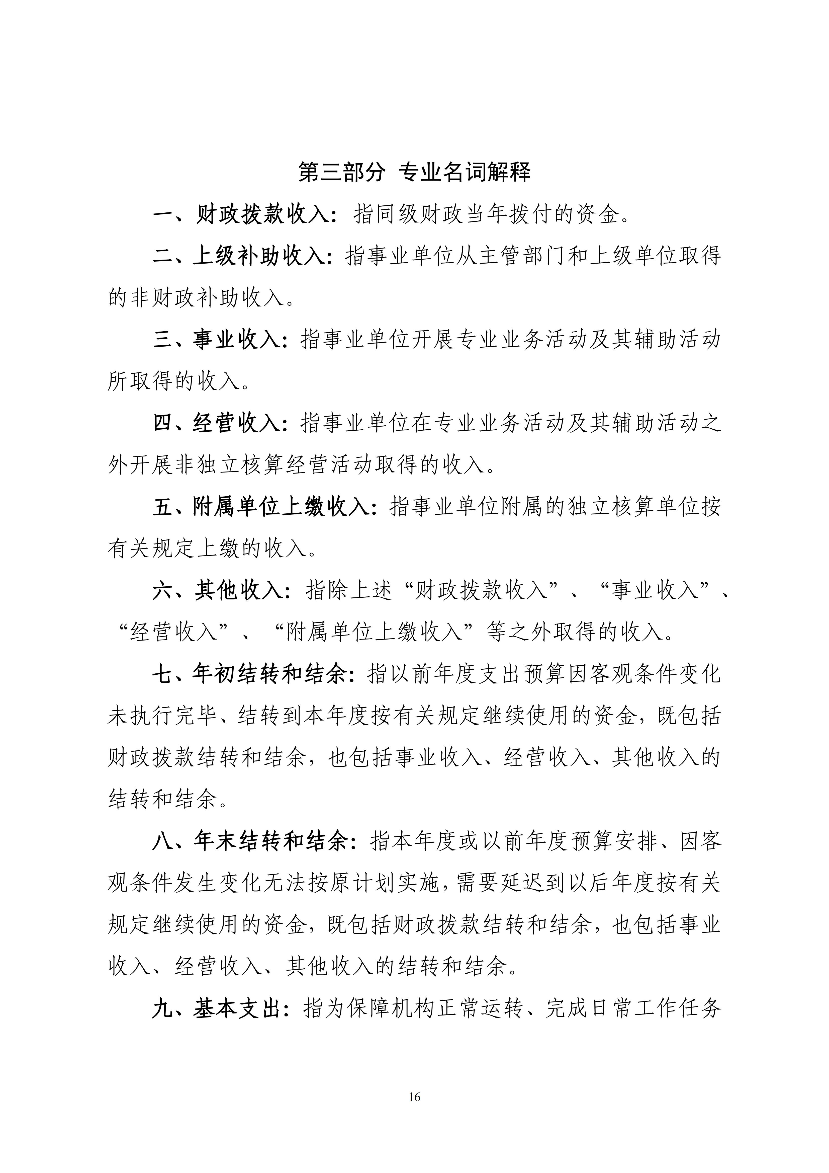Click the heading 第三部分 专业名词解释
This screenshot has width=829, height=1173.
(x=414, y=172)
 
